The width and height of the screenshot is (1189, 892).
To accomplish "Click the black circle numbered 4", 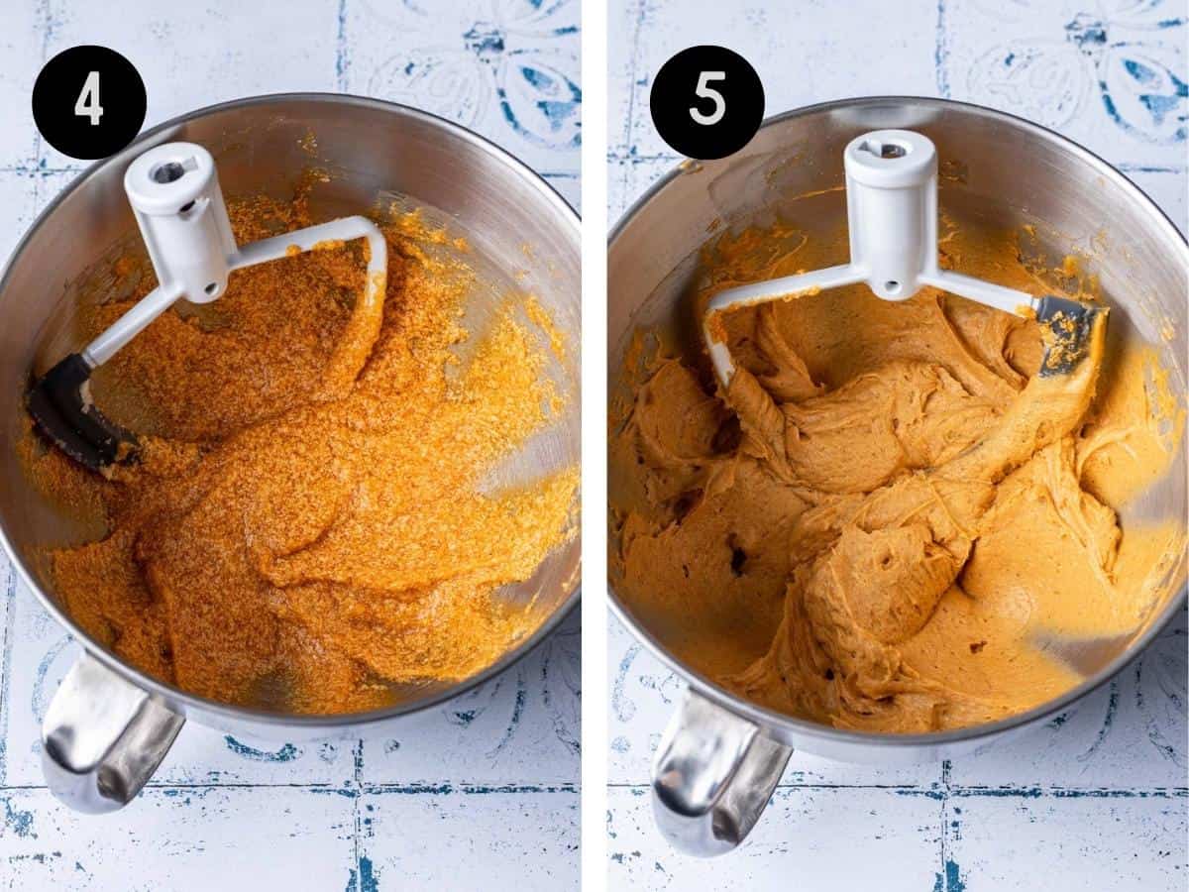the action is click(x=89, y=102).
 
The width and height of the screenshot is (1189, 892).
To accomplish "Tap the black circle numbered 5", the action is click(x=706, y=102).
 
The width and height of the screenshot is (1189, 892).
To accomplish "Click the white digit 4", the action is click(x=89, y=103).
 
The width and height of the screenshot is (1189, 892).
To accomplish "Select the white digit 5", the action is click(x=706, y=103).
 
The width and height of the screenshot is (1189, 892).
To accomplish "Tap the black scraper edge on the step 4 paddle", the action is click(x=76, y=410).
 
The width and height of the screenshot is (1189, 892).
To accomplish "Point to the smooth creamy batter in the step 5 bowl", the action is click(x=894, y=514).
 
